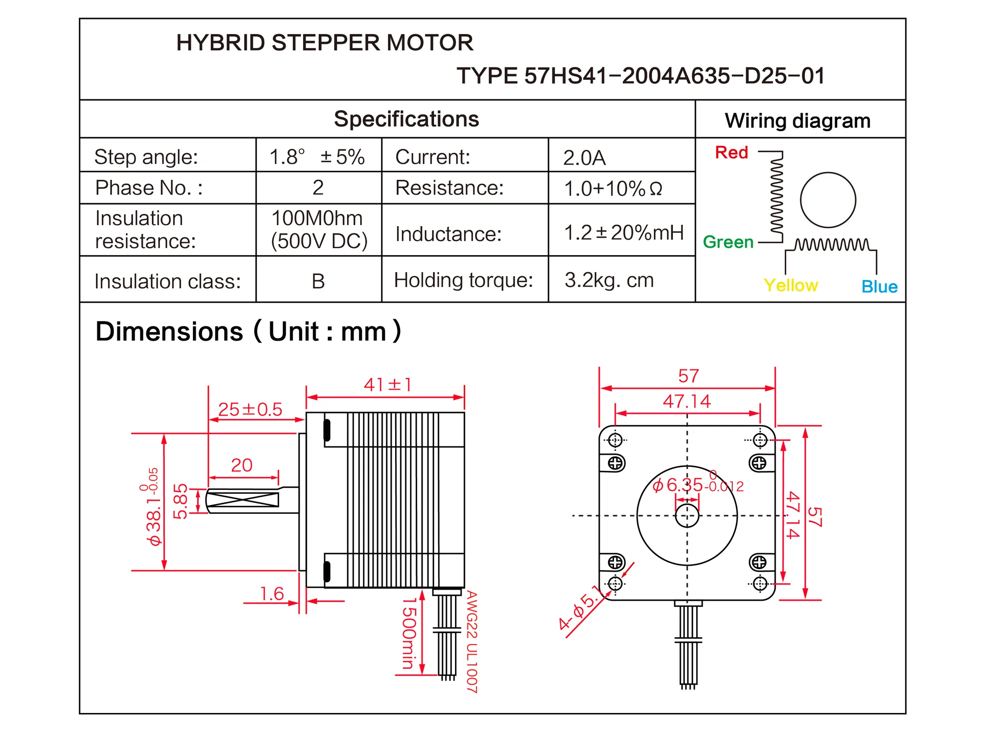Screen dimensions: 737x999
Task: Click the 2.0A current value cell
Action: [x=584, y=158]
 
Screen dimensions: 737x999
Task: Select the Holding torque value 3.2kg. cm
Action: [x=609, y=280]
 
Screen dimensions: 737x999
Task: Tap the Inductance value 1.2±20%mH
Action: [x=623, y=233]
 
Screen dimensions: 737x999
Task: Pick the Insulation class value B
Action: [x=318, y=281]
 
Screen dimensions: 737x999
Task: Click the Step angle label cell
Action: [x=146, y=157]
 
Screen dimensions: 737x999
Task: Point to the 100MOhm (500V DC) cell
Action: [x=319, y=230]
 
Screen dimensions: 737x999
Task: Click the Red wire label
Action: [x=731, y=152]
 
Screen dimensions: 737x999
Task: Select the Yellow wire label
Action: [x=791, y=285]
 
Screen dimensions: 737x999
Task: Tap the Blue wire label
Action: [x=879, y=287]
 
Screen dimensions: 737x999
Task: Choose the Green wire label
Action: [x=728, y=242]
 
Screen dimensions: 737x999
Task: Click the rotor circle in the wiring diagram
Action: [x=828, y=200]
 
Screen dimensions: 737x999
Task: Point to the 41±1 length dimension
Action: [x=388, y=385]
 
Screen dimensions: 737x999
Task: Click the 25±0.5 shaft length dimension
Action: [x=250, y=409]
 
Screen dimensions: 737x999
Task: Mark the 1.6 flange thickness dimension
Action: [x=272, y=594]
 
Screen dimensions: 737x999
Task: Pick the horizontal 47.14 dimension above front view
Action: [x=686, y=401]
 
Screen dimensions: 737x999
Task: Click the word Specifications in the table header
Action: [x=406, y=119]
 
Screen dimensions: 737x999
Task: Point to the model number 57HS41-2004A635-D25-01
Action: [x=674, y=76]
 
